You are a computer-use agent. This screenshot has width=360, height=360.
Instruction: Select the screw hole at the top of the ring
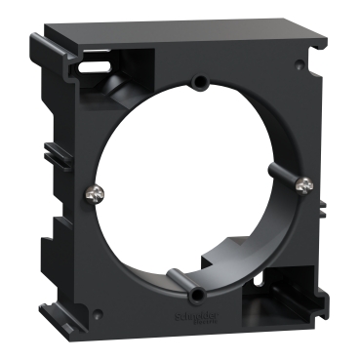point(199,81)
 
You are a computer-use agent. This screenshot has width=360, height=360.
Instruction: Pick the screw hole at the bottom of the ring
point(200,294)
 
